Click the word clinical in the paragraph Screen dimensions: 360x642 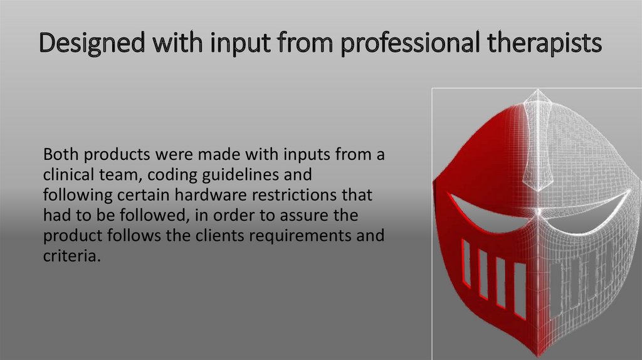(66, 175)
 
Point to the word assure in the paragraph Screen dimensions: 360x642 (325, 216)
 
